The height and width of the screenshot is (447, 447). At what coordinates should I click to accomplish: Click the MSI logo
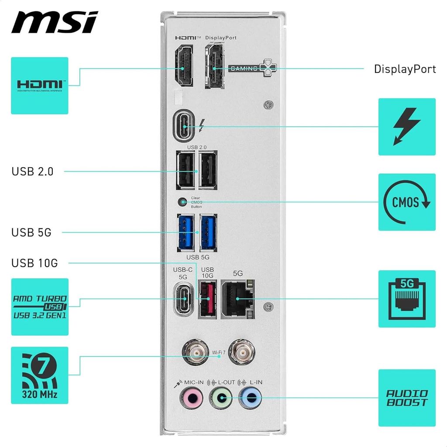pos(55,23)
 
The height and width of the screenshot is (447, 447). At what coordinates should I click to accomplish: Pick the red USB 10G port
pos(207,299)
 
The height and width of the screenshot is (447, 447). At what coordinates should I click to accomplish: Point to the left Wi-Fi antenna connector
pos(194,352)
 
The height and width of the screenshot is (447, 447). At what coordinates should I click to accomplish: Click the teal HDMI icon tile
pos(40,86)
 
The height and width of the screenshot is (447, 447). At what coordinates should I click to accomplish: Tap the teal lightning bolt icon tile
pos(406,127)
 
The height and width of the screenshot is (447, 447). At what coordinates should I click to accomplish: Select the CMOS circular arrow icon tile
pos(406,202)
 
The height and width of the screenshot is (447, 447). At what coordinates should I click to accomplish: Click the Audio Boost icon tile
pos(406,398)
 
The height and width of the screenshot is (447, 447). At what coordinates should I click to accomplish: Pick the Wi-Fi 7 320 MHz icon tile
pos(40,375)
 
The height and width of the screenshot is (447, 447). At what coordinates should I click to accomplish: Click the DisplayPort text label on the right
pos(405,69)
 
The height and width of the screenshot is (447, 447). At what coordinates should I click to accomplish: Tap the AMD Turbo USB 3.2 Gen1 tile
pos(40,307)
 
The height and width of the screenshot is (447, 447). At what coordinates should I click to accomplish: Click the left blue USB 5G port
pos(186,231)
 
